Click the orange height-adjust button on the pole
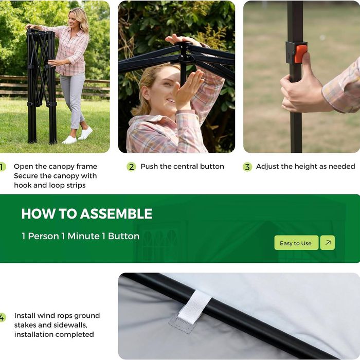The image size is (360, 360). (x=301, y=53)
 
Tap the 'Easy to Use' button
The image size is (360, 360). (x=296, y=243)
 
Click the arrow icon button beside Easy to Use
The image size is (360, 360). (x=328, y=243)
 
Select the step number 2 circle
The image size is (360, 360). (x=131, y=167)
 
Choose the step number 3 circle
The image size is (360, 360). (x=247, y=167)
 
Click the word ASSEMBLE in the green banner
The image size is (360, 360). (x=116, y=214)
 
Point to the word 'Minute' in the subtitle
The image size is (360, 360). (x=83, y=236)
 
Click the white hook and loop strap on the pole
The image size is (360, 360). (x=194, y=307)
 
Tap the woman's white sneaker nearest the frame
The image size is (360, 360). (x=69, y=140)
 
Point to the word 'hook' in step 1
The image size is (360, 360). (x=23, y=185)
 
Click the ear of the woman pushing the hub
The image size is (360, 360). (x=146, y=94)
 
